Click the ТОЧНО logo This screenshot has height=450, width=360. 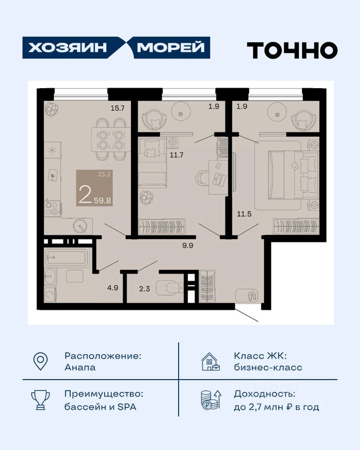click(292, 50)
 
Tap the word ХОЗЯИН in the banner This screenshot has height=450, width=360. click(67, 48)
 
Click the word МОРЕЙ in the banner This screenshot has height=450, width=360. click(171, 47)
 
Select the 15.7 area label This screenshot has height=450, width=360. click(118, 108)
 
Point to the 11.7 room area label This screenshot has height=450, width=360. click(176, 155)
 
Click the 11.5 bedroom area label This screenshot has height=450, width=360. click(244, 214)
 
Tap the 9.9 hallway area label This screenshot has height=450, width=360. click(187, 245)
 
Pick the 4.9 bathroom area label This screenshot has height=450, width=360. click(112, 287)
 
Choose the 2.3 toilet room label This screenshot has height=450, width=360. click(144, 289)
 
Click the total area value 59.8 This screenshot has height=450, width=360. click(103, 200)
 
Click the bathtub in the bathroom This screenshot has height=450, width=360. click(66, 257)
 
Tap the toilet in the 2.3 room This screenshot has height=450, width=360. click(170, 288)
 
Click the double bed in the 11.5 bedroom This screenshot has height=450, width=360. click(293, 175)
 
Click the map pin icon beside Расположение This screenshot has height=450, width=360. click(40, 361)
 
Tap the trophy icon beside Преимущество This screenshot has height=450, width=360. click(40, 400)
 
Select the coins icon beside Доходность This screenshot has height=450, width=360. click(211, 399)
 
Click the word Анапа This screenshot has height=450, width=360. click(80, 367)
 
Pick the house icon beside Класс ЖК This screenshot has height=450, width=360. click(211, 361)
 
